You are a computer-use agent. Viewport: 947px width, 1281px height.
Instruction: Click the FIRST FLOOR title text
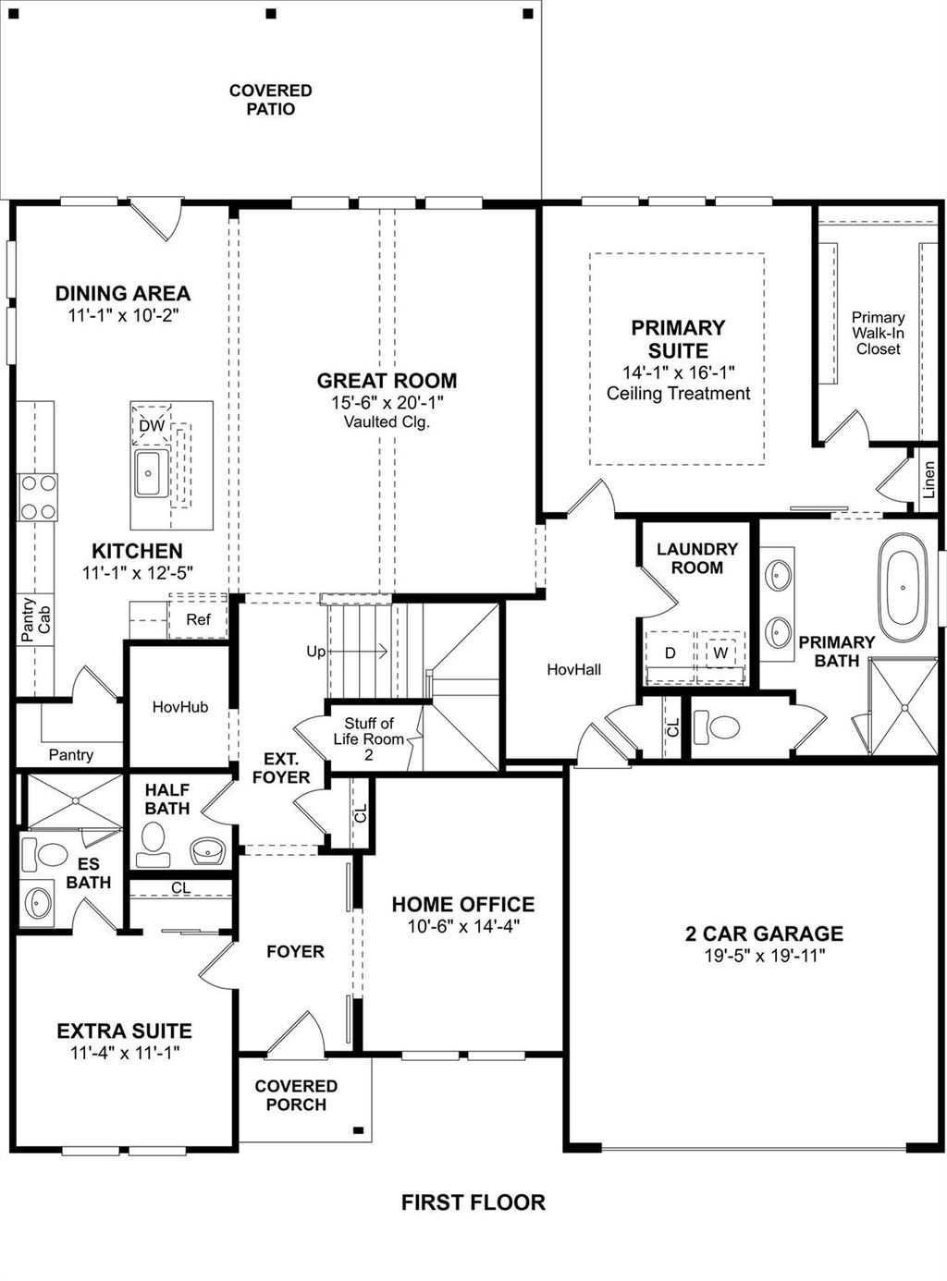[x=473, y=1202]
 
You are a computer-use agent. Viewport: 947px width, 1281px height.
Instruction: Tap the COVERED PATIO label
[x=270, y=100]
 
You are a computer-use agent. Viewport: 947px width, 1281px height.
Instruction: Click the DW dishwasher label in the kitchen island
[x=151, y=426]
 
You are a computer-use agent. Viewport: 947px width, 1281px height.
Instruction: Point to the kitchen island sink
[x=148, y=473]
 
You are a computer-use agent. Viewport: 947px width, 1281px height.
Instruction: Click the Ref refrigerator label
[x=198, y=620]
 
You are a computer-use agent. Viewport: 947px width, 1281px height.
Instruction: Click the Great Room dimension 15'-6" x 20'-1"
[x=387, y=403]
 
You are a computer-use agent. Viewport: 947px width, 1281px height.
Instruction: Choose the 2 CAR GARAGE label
[x=764, y=933]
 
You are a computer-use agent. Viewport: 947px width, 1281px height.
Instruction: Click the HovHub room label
[x=180, y=707]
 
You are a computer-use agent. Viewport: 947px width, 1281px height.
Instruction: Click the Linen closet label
[x=929, y=481]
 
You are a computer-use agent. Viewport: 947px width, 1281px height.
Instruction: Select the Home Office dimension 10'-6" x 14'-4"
[x=463, y=926]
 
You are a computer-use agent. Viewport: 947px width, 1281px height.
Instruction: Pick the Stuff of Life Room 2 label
[x=368, y=739]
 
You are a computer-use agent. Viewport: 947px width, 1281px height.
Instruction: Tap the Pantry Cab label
[x=36, y=619]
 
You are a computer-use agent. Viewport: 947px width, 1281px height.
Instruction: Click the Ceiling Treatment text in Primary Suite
[x=678, y=394]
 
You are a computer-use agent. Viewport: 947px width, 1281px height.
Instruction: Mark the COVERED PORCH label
[x=296, y=1095]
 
